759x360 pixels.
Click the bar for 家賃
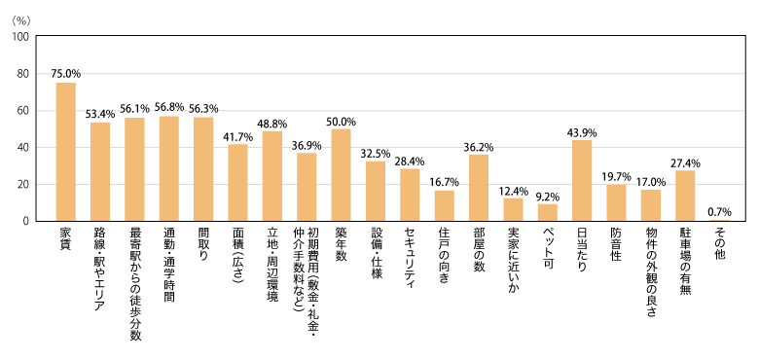(x=66, y=152)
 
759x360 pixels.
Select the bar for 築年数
(x=341, y=175)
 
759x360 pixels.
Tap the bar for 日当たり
(x=582, y=181)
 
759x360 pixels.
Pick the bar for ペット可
(x=548, y=212)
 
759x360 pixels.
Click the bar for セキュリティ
(x=410, y=195)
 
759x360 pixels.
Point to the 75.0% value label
(x=66, y=73)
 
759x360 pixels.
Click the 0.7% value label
(x=720, y=211)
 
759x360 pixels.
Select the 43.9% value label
(x=582, y=131)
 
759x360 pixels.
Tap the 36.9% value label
(x=307, y=144)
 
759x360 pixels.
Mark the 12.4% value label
(x=513, y=190)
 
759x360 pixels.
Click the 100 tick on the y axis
(x=20, y=37)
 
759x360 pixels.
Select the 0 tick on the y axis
(x=27, y=221)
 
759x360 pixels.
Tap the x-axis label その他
(x=719, y=244)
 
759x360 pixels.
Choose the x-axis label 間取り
(x=203, y=248)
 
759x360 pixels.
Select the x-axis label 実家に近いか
(x=513, y=264)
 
